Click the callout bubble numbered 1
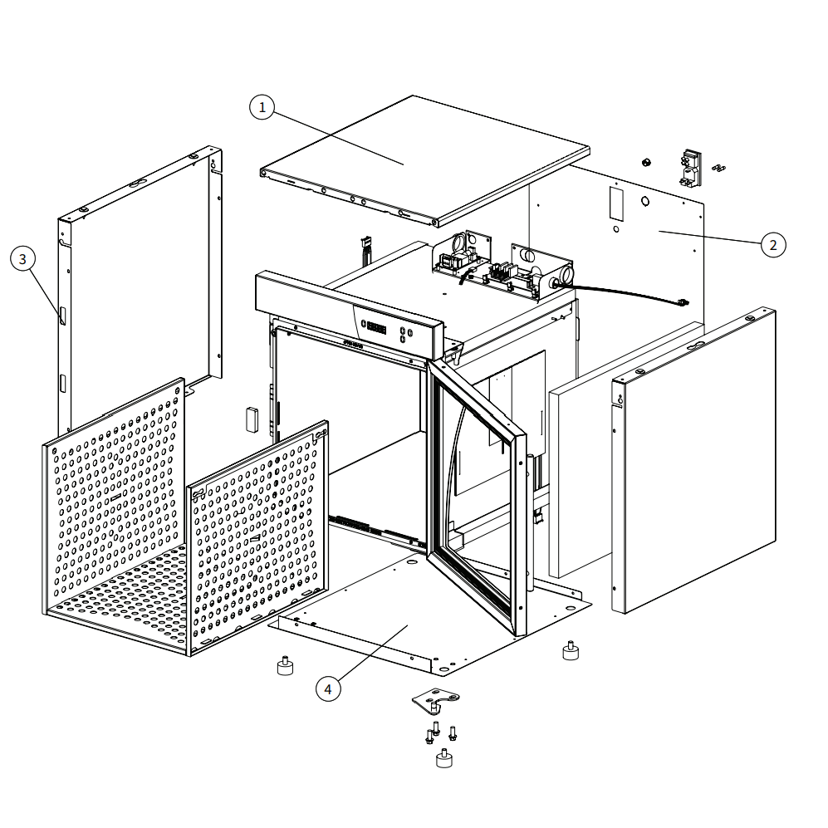click(262, 107)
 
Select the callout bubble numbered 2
click(773, 244)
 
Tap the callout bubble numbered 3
click(22, 259)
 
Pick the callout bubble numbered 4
click(328, 689)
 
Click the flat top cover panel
click(425, 160)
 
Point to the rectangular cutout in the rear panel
click(616, 203)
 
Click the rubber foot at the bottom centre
click(444, 759)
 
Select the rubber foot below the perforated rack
click(285, 666)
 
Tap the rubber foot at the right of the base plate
click(571, 650)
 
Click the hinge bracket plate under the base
click(436, 699)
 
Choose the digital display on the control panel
click(376, 327)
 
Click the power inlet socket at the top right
click(691, 169)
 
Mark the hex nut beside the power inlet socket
click(646, 162)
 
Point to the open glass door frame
click(478, 497)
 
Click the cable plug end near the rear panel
click(683, 302)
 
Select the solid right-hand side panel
click(693, 460)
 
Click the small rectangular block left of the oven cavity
click(252, 419)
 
